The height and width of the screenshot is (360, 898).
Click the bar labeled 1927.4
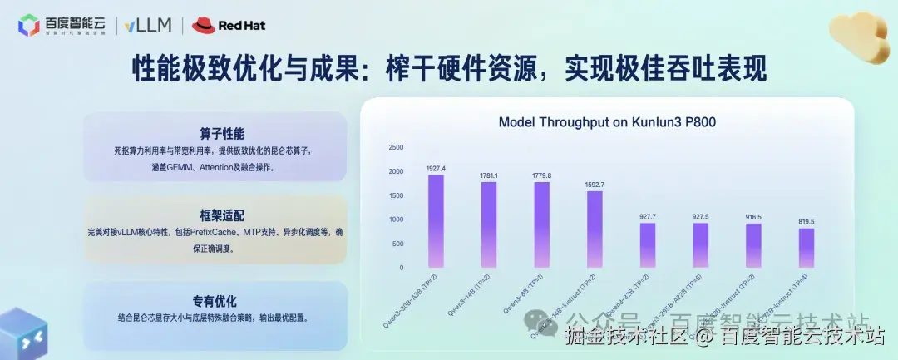click(436, 221)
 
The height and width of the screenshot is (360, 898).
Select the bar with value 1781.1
click(489, 224)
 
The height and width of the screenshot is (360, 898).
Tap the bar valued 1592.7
click(595, 229)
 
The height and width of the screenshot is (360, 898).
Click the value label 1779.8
click(541, 175)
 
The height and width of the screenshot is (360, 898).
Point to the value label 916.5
click(753, 217)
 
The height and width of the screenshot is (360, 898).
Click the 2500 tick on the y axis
click(396, 148)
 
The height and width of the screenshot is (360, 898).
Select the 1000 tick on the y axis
click(396, 219)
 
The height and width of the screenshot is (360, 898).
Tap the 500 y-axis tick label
click(398, 244)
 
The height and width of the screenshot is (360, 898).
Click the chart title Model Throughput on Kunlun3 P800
click(607, 122)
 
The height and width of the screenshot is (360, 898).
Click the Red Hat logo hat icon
click(203, 25)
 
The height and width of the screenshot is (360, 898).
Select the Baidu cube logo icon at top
click(28, 26)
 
